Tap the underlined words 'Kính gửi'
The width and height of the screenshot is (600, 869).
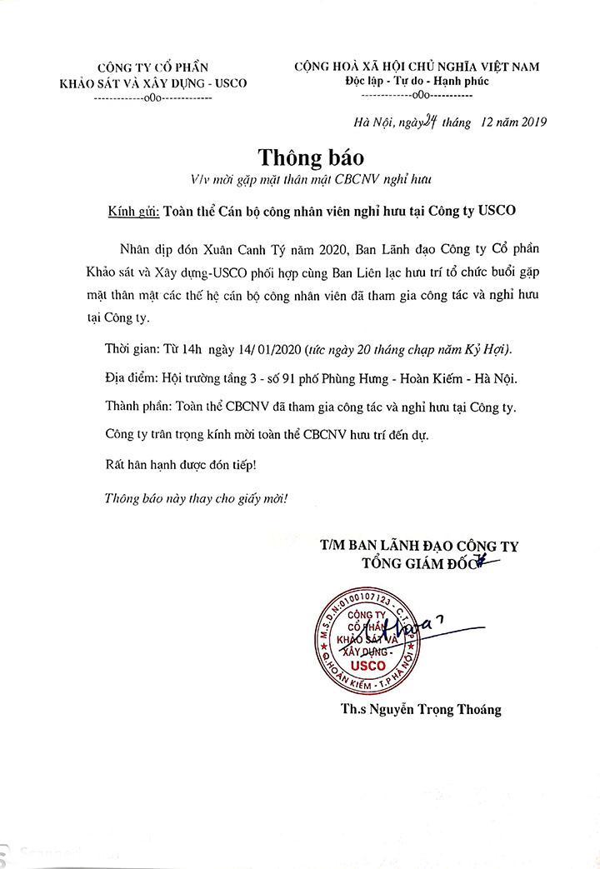[132, 211]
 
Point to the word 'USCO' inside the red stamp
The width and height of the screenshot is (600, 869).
[367, 665]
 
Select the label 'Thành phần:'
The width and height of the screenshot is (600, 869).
[137, 407]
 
